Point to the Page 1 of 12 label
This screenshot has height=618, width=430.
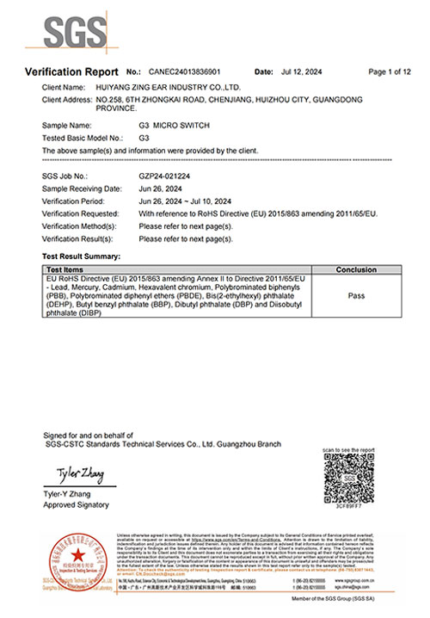tap(389, 72)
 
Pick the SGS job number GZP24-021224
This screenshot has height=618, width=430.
tap(162, 174)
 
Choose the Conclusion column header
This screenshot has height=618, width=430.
tap(355, 269)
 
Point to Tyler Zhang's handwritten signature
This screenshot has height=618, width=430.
tap(80, 474)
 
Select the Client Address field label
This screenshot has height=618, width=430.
tap(70, 100)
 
